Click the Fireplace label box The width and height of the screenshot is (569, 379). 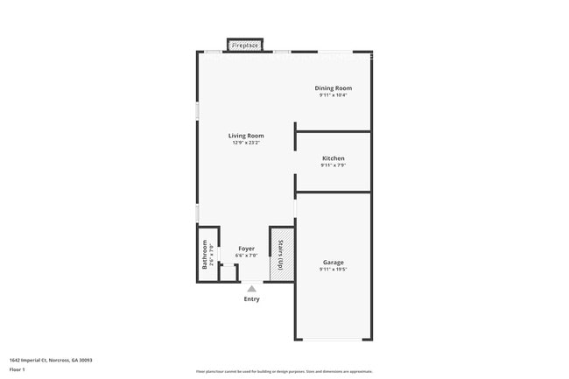246,45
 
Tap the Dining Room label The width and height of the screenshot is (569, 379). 333,88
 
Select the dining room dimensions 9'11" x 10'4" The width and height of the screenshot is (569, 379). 333,95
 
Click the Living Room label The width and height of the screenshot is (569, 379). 246,136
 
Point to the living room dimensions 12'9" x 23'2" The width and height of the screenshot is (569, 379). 246,144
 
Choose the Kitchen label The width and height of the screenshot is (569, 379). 333,158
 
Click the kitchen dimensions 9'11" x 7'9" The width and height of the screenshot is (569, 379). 333,165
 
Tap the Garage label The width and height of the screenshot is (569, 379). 333,263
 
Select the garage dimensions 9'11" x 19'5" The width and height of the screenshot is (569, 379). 333,270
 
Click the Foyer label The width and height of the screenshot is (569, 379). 246,249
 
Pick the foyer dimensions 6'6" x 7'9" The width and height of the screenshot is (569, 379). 246,256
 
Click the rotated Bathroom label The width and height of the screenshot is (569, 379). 206,254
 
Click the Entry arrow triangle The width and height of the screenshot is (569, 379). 251,288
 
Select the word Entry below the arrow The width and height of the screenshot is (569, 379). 251,299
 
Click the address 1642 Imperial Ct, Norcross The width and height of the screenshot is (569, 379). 51,360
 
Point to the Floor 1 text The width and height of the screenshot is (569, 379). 18,369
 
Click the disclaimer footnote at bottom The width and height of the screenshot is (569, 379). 284,371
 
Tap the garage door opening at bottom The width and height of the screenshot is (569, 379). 333,340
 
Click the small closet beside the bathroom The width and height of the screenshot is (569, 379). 228,272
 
